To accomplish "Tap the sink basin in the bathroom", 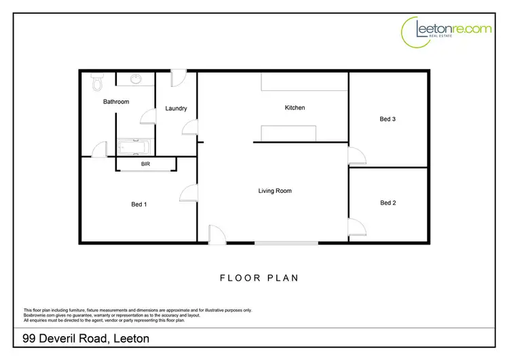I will coord(134,79).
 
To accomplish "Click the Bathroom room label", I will coord(115,102).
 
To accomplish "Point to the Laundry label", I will coord(176,109).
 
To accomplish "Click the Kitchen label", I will coord(295,108).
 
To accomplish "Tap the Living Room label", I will coord(275,191).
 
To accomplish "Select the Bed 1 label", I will coord(138,204).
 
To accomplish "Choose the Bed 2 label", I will coord(388,203).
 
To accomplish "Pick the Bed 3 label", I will coord(387,119).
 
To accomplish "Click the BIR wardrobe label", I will coord(145,164).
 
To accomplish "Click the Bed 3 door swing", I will coord(356,156).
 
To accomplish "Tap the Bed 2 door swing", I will coord(356,227).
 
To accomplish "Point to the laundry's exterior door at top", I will coord(178,78).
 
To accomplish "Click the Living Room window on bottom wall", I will coord(286,242).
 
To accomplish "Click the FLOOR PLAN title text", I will coord(259,278).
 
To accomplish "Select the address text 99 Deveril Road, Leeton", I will coord(86,338).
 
